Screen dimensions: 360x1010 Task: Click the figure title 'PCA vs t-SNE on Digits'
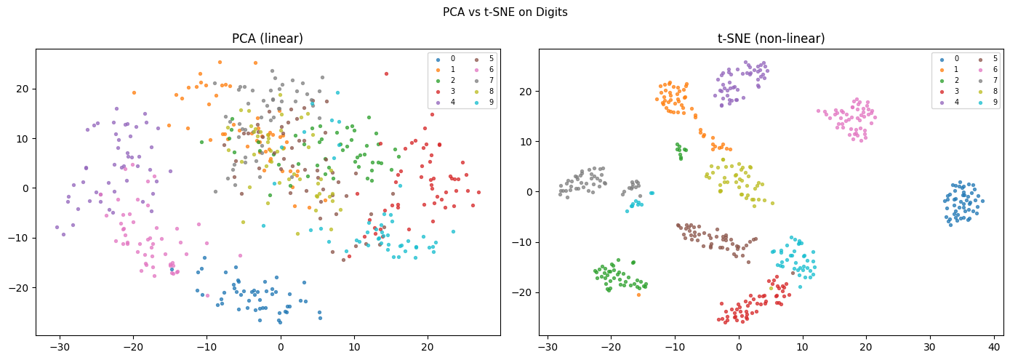pyautogui.click(x=505, y=12)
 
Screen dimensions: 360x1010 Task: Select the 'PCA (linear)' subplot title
pyautogui.click(x=268, y=39)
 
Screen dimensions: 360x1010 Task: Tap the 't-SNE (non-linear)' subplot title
pyautogui.click(x=771, y=39)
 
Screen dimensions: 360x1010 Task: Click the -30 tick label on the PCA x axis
pyautogui.click(x=60, y=345)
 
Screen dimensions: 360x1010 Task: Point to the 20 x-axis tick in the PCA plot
pyautogui.click(x=427, y=345)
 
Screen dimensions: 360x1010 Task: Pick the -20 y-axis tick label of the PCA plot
pyautogui.click(x=21, y=287)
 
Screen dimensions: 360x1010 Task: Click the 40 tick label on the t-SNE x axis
pyautogui.click(x=994, y=345)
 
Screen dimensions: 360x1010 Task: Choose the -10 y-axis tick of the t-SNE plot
pyautogui.click(x=524, y=242)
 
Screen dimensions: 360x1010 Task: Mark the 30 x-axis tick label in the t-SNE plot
pyautogui.click(x=930, y=345)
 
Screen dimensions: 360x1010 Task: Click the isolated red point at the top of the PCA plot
pyautogui.click(x=386, y=73)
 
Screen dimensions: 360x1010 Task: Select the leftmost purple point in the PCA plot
pyautogui.click(x=57, y=227)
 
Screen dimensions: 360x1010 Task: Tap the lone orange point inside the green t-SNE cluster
pyautogui.click(x=639, y=295)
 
